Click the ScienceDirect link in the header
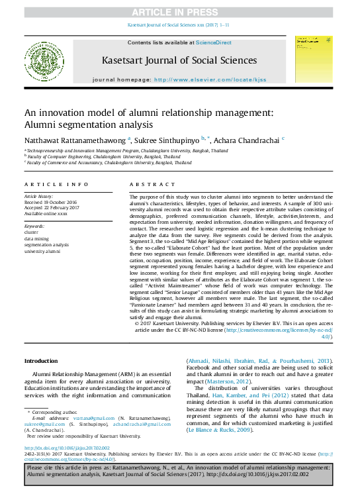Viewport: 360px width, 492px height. [x=213, y=42]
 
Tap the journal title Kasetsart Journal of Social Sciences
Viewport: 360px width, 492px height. [x=179, y=60]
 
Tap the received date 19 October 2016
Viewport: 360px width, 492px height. [x=59, y=202]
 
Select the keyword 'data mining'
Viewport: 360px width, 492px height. [x=38, y=238]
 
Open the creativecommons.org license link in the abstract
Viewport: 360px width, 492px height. [x=285, y=330]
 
